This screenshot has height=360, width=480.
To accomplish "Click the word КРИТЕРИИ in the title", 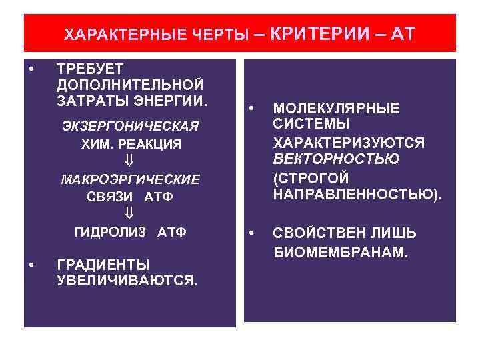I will coord(321,33).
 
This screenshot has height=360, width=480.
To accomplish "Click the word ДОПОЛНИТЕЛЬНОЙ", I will coord(130,85).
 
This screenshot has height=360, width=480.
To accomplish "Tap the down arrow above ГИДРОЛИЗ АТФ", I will coord(130,214).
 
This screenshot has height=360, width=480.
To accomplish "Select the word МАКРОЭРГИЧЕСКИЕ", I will coord(130,179).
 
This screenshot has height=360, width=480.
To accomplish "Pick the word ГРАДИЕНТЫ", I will coord(103,264).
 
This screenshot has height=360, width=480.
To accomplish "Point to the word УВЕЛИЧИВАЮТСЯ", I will coord(127,281).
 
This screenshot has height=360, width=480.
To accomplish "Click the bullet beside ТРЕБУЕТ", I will coord(31,68).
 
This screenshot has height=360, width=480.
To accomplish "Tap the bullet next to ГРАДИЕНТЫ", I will coord(31,264).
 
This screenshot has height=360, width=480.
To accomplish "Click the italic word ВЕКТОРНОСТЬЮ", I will coord(336,159).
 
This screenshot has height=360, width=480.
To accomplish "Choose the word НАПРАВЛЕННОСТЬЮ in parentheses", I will coord(357,195).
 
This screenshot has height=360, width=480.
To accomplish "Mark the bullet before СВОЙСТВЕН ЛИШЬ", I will coord(251,233).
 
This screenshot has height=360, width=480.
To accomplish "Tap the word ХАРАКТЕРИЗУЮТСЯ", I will coord(349,143).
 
